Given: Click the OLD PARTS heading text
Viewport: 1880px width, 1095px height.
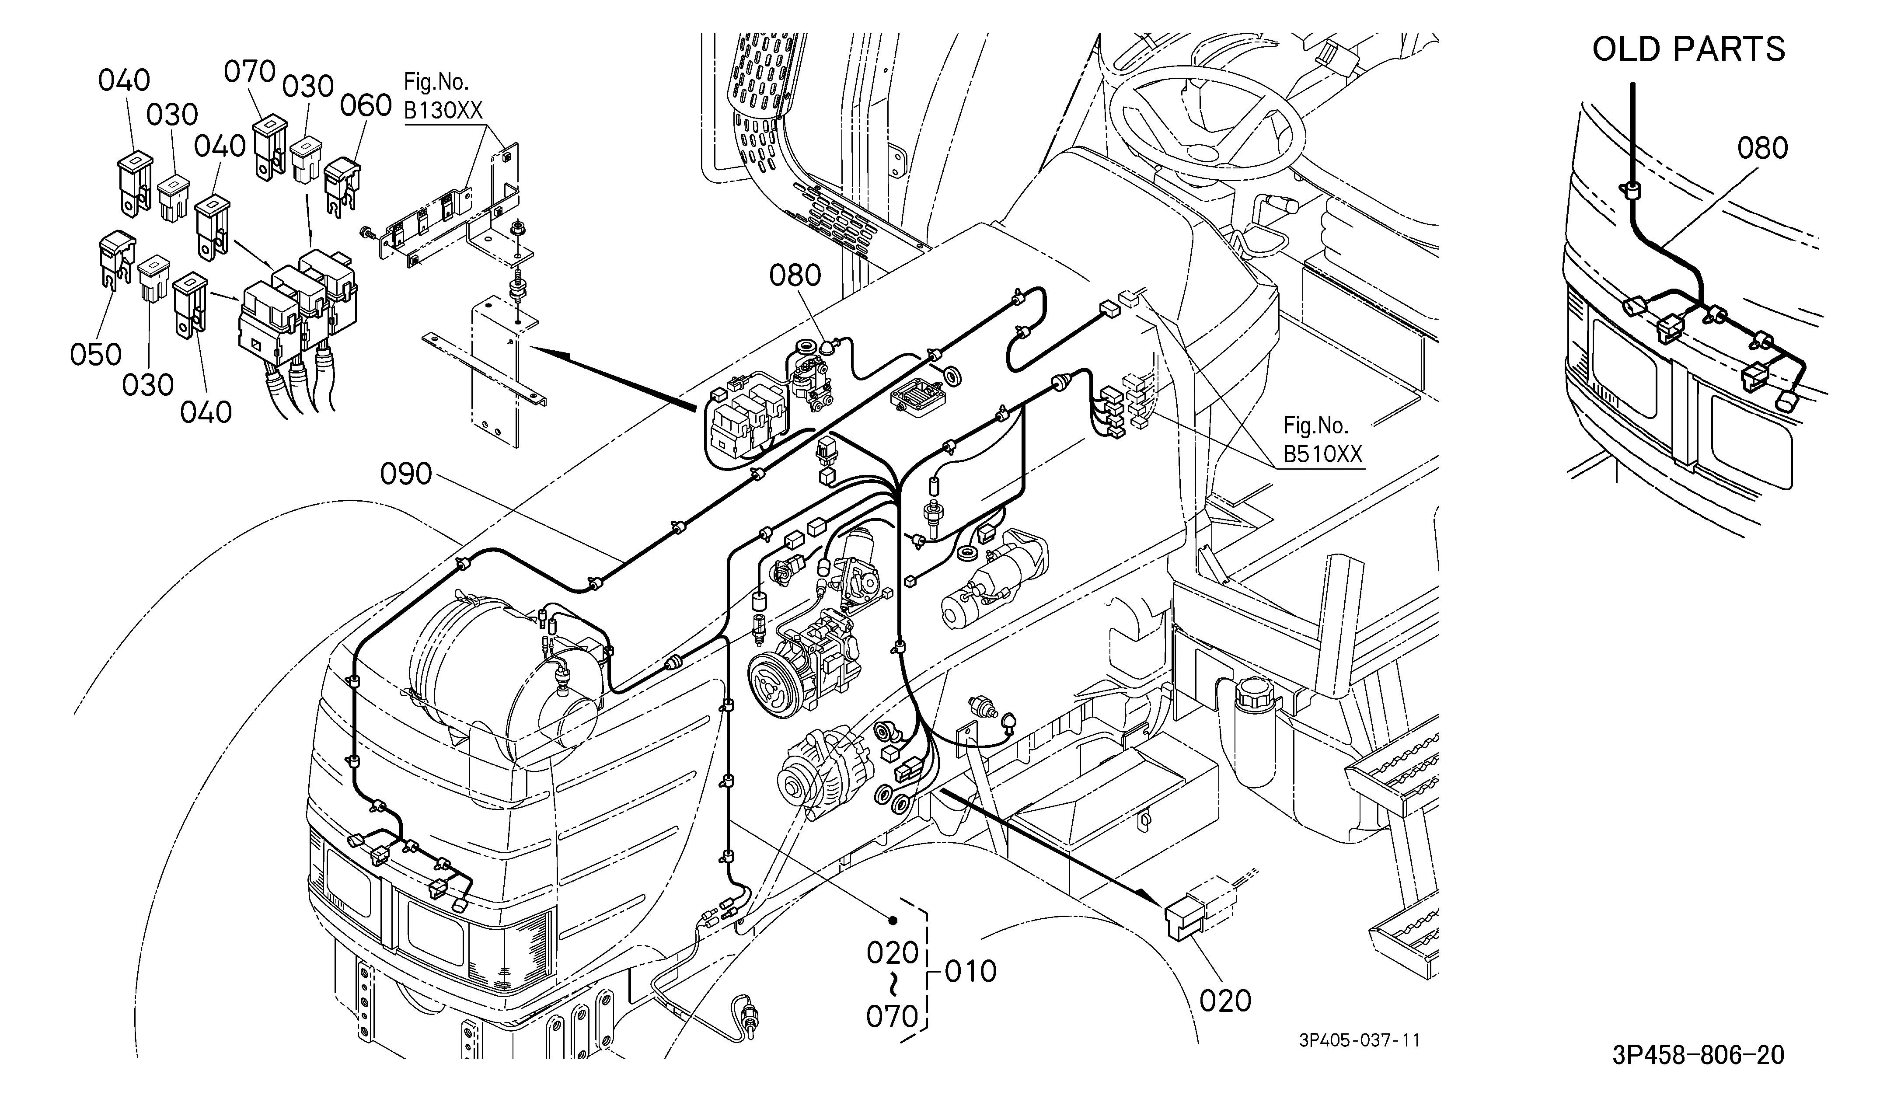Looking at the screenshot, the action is click(x=1688, y=49).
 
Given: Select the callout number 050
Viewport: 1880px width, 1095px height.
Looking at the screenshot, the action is click(x=96, y=354).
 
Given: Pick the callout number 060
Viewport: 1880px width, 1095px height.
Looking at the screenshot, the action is click(x=366, y=106).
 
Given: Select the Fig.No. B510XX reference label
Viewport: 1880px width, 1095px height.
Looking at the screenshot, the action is click(x=1323, y=439).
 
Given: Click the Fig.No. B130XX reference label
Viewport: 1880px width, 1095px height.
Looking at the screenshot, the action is click(x=443, y=95).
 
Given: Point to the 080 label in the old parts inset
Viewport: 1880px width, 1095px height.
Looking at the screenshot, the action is click(x=1763, y=148).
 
